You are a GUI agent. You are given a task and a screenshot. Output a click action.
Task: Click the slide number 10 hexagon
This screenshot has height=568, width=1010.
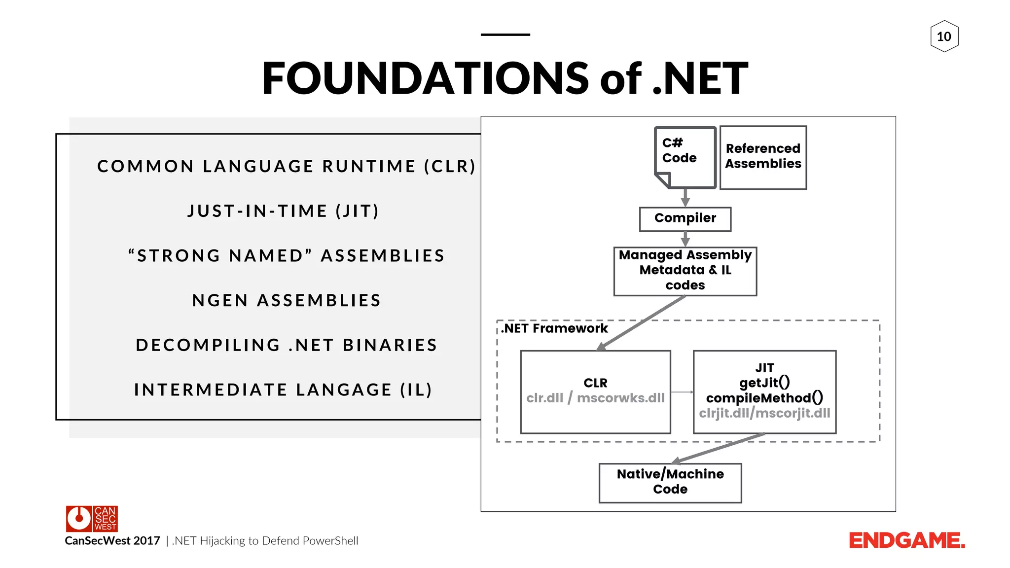[x=944, y=36]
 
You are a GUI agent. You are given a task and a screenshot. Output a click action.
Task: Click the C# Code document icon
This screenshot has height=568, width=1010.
[x=685, y=157]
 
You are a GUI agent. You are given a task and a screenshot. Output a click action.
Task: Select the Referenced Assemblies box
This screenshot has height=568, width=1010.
[x=763, y=157]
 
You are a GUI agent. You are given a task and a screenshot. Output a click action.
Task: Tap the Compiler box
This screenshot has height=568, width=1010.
[x=685, y=219]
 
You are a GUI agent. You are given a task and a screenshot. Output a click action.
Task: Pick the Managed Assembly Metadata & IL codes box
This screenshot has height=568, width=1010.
[x=685, y=271]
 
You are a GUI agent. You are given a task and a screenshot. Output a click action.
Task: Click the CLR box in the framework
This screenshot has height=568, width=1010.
[x=595, y=391]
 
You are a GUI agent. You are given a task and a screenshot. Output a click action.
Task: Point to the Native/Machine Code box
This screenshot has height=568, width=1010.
[x=670, y=483]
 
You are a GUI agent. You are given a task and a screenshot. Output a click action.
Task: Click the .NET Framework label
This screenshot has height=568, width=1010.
[x=555, y=328]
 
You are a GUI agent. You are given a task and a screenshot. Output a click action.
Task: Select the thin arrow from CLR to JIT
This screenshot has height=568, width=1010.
[x=682, y=392]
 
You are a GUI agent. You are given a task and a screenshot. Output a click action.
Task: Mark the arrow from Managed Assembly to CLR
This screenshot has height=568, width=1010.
[x=641, y=323]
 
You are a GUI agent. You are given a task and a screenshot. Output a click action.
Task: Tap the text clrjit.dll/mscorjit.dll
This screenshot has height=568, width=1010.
[x=764, y=413]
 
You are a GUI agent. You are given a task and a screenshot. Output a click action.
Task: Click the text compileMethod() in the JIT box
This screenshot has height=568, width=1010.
[x=764, y=398]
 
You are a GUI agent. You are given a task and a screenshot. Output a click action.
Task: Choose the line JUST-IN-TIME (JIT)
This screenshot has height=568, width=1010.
[x=283, y=211]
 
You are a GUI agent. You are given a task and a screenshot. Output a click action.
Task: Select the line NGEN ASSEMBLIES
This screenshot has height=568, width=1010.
[x=287, y=300]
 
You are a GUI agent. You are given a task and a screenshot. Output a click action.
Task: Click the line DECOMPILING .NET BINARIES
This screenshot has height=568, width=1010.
[x=287, y=345]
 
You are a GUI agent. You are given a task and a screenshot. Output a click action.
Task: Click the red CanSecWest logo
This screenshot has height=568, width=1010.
[x=92, y=519]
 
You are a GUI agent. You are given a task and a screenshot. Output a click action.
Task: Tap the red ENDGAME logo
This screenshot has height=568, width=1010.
[x=906, y=541]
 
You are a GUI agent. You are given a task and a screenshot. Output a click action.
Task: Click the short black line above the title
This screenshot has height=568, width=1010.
[x=505, y=35]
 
